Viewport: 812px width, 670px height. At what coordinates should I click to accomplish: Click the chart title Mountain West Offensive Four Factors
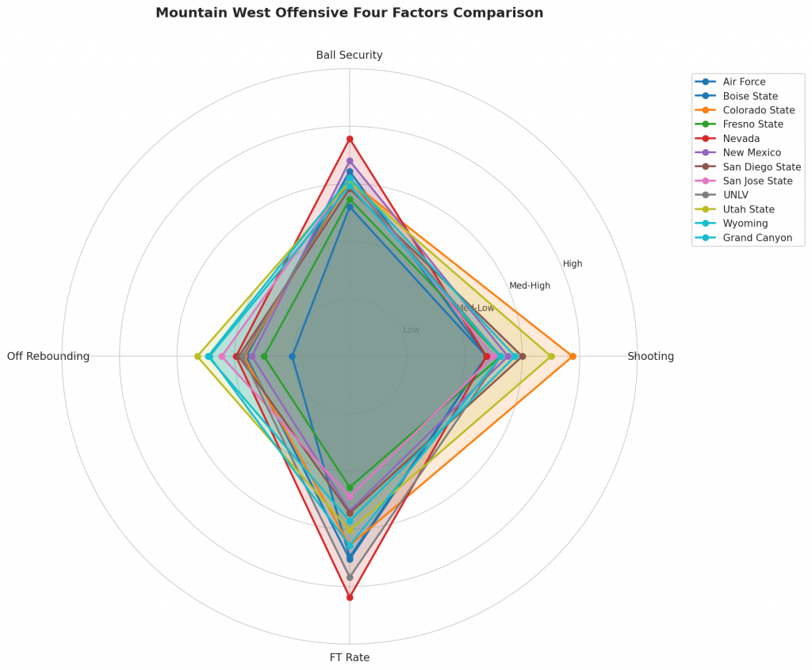[349, 13]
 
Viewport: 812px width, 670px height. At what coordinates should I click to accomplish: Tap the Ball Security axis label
[349, 56]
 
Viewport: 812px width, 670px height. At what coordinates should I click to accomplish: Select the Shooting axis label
[650, 357]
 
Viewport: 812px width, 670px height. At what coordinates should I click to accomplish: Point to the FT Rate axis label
[349, 657]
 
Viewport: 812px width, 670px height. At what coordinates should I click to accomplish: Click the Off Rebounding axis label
[48, 357]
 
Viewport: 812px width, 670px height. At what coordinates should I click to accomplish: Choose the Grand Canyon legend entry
[757, 238]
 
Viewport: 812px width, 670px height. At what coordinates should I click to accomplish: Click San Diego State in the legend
[761, 167]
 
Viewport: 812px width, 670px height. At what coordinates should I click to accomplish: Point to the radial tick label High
[573, 264]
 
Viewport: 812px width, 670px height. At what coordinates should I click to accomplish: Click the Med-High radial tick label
[530, 286]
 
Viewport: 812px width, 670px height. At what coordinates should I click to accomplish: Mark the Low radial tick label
[412, 330]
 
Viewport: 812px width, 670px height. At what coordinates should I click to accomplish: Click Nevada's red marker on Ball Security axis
[350, 140]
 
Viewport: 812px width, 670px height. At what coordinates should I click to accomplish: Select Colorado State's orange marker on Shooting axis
[573, 357]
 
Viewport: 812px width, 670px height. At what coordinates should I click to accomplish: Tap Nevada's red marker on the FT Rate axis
[350, 597]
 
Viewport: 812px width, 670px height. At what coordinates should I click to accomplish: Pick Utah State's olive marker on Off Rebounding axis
[197, 357]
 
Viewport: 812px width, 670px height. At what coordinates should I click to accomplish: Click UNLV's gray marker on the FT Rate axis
[350, 577]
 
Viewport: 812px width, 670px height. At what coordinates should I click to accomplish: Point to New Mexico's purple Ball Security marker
[350, 161]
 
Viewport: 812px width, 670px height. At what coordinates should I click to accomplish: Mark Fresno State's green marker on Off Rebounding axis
[265, 357]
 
